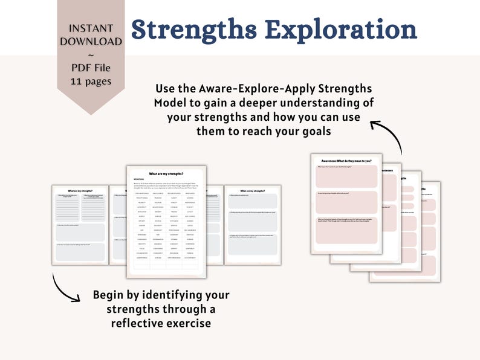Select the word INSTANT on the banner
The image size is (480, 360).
[x=91, y=28]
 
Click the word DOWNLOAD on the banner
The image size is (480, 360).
[x=91, y=41]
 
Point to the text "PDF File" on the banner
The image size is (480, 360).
[x=91, y=67]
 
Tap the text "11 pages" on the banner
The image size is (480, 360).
[x=91, y=81]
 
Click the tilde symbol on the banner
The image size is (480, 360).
[x=91, y=54]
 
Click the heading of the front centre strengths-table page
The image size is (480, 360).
[x=166, y=174]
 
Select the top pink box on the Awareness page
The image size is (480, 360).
[x=346, y=176]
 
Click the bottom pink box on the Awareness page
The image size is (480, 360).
[x=346, y=232]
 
